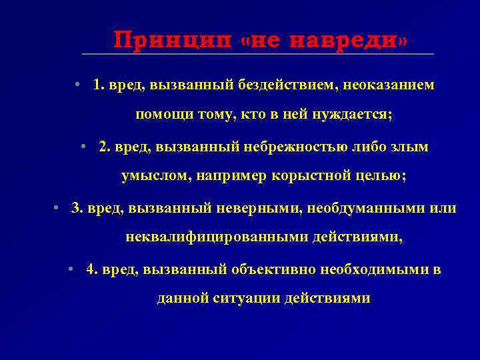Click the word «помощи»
tap(163, 115)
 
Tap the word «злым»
tap(410, 147)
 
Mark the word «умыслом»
tap(150, 176)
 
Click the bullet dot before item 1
tap(78, 85)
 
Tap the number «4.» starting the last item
tap(92, 269)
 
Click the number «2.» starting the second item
tap(104, 147)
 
